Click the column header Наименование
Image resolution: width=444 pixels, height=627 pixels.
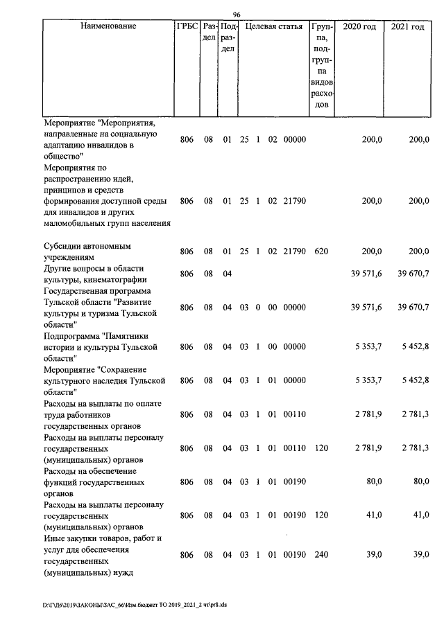108,27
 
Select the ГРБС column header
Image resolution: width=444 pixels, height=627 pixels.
187,27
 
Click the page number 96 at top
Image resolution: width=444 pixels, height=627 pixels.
237,15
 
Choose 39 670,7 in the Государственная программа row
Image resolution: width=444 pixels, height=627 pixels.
409,307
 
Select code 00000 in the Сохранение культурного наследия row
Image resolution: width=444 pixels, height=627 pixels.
294,380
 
